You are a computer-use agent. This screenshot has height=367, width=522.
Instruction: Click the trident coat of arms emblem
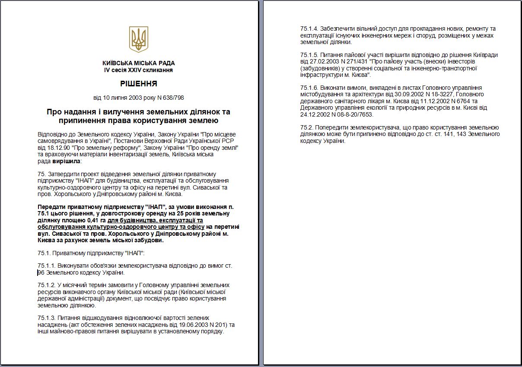coord(138,39)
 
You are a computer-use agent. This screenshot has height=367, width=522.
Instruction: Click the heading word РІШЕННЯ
coord(138,84)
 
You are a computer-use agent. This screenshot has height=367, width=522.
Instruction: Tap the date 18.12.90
coord(56,148)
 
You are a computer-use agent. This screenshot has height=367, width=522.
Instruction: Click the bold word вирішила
coord(66,161)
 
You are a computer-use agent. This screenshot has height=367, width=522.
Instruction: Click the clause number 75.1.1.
coord(47,266)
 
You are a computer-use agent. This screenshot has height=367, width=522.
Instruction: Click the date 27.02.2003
coord(314,62)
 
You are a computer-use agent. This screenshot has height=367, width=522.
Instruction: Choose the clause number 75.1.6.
coord(309,88)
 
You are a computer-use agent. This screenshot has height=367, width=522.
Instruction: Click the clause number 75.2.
coord(306,128)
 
